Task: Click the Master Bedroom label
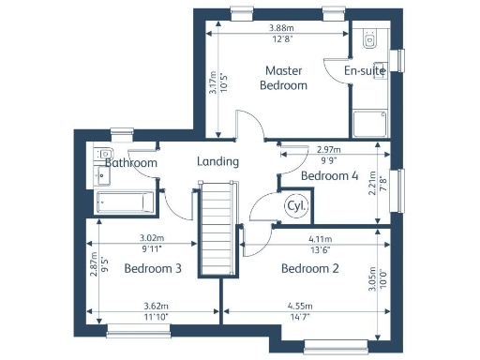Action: (285, 78)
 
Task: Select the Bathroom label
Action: (130, 162)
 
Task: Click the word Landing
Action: (217, 161)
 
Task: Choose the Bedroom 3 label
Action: (152, 269)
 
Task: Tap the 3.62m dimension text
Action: (154, 306)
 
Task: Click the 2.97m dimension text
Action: (329, 150)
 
